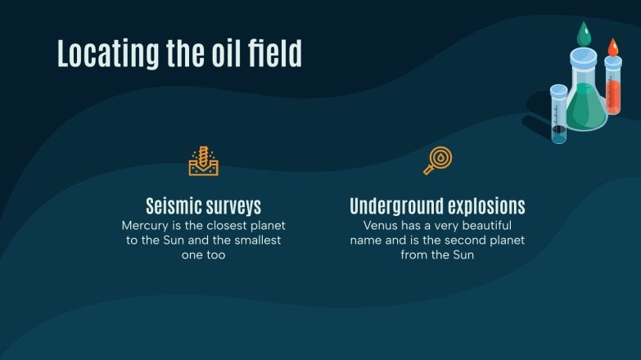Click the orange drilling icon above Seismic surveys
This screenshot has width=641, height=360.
pos(204,161)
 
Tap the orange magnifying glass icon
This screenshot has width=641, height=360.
pos(438,160)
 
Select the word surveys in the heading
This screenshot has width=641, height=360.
pos(233,206)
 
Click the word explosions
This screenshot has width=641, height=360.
pos(485,205)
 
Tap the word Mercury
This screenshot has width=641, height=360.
pos(146,224)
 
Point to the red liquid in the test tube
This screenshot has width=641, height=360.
pos(612,94)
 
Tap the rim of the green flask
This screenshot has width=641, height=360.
pos(584,53)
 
